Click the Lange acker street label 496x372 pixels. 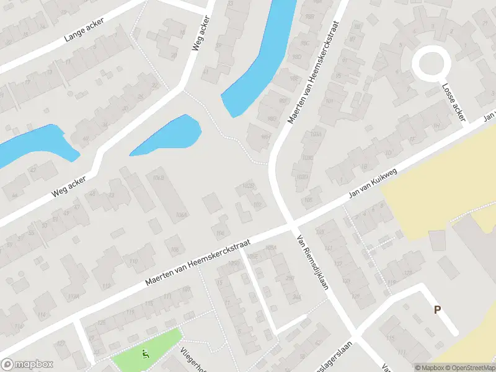(x=84, y=30)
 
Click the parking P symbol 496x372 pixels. (x=437, y=309)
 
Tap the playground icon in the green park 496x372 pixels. (x=146, y=355)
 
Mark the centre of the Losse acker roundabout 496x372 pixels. (x=431, y=64)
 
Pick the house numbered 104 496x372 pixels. (x=219, y=233)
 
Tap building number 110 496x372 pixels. (x=133, y=262)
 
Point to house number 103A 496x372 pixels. (x=316, y=133)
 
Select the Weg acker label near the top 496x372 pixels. (x=202, y=35)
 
